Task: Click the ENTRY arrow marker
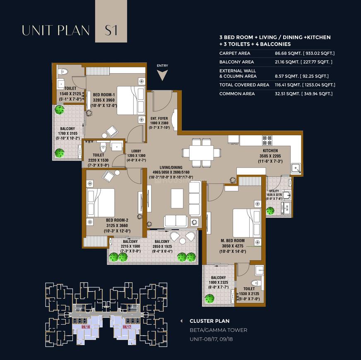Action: click(162, 75)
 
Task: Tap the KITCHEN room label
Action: click(270, 151)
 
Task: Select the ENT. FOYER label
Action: click(159, 118)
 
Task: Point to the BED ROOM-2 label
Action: click(117, 220)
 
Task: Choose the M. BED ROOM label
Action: click(232, 240)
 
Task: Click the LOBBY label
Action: click(137, 151)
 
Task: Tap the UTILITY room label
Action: click(274, 191)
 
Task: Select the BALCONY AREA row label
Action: click(237, 62)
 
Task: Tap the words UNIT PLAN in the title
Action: click(56, 30)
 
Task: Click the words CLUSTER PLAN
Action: click(209, 321)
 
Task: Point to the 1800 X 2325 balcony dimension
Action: click(218, 282)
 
